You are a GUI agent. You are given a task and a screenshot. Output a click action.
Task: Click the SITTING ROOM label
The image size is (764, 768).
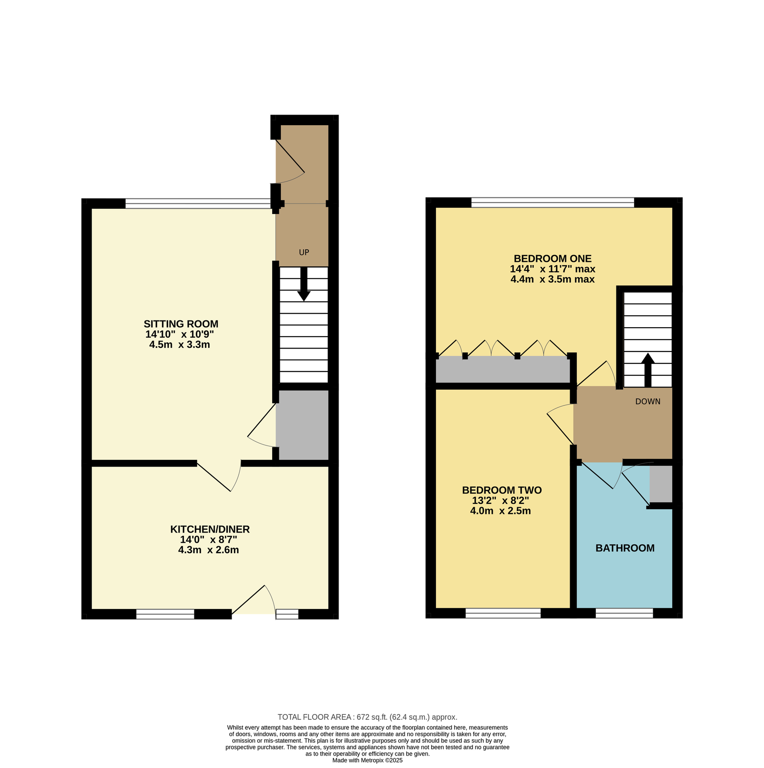(x=181, y=324)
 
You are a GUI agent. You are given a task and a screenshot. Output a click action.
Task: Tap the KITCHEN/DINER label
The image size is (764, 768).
(x=210, y=529)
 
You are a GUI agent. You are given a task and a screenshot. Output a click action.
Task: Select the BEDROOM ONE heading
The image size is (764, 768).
(x=552, y=258)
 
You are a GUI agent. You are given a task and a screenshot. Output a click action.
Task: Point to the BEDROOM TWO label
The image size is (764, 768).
(x=502, y=490)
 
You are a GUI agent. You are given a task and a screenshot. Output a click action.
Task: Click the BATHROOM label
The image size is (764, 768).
(x=625, y=548)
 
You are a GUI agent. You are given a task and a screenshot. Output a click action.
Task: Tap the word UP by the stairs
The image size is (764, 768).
(x=304, y=252)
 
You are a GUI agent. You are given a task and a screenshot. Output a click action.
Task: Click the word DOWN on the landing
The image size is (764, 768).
(x=648, y=402)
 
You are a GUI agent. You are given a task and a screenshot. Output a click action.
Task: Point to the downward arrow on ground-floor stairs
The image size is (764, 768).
(x=304, y=284)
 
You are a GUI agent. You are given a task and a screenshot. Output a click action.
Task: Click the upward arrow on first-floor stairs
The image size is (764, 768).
(x=648, y=370)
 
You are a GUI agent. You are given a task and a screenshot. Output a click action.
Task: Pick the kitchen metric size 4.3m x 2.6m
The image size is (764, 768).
(x=209, y=550)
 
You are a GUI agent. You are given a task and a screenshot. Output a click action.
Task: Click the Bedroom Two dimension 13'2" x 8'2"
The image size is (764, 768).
(x=500, y=501)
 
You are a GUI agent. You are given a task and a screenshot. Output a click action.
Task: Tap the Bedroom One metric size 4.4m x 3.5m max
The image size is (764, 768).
(x=552, y=279)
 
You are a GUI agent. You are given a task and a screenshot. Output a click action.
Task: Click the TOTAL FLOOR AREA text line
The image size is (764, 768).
(x=368, y=717)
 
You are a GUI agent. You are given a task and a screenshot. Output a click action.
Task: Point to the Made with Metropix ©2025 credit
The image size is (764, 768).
(x=368, y=760)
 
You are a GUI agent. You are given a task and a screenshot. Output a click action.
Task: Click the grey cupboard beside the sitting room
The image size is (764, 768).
(x=303, y=425)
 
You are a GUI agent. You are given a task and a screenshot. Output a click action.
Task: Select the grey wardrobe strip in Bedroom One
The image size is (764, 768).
(x=503, y=369)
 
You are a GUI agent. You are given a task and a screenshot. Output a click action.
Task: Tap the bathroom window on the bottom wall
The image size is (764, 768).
(x=624, y=613)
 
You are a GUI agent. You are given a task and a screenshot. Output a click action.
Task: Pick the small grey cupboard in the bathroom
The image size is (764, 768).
(x=661, y=484)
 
